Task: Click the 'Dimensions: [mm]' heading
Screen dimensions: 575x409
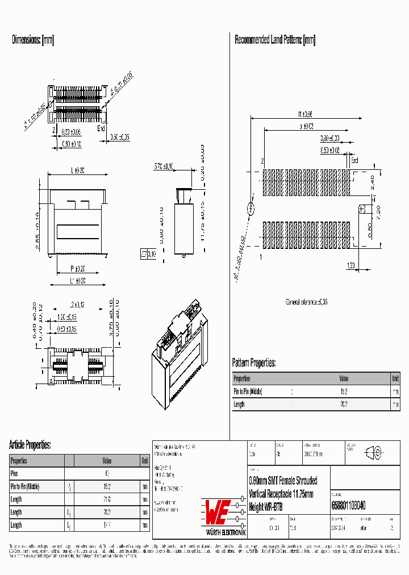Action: [33, 40]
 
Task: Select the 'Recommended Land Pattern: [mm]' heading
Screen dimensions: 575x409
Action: [275, 40]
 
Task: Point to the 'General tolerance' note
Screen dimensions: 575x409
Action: [306, 302]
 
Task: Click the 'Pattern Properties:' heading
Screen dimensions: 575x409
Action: [254, 363]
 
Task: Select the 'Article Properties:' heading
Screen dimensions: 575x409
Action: [30, 445]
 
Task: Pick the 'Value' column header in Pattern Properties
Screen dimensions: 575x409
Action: [344, 378]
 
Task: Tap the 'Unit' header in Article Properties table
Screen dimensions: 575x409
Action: [145, 461]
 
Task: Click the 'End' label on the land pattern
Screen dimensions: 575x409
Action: [354, 161]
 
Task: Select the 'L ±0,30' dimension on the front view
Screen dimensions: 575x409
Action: [78, 170]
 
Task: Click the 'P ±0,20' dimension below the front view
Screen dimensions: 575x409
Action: [78, 269]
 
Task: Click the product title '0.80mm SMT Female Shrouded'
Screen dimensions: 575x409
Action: [283, 481]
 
